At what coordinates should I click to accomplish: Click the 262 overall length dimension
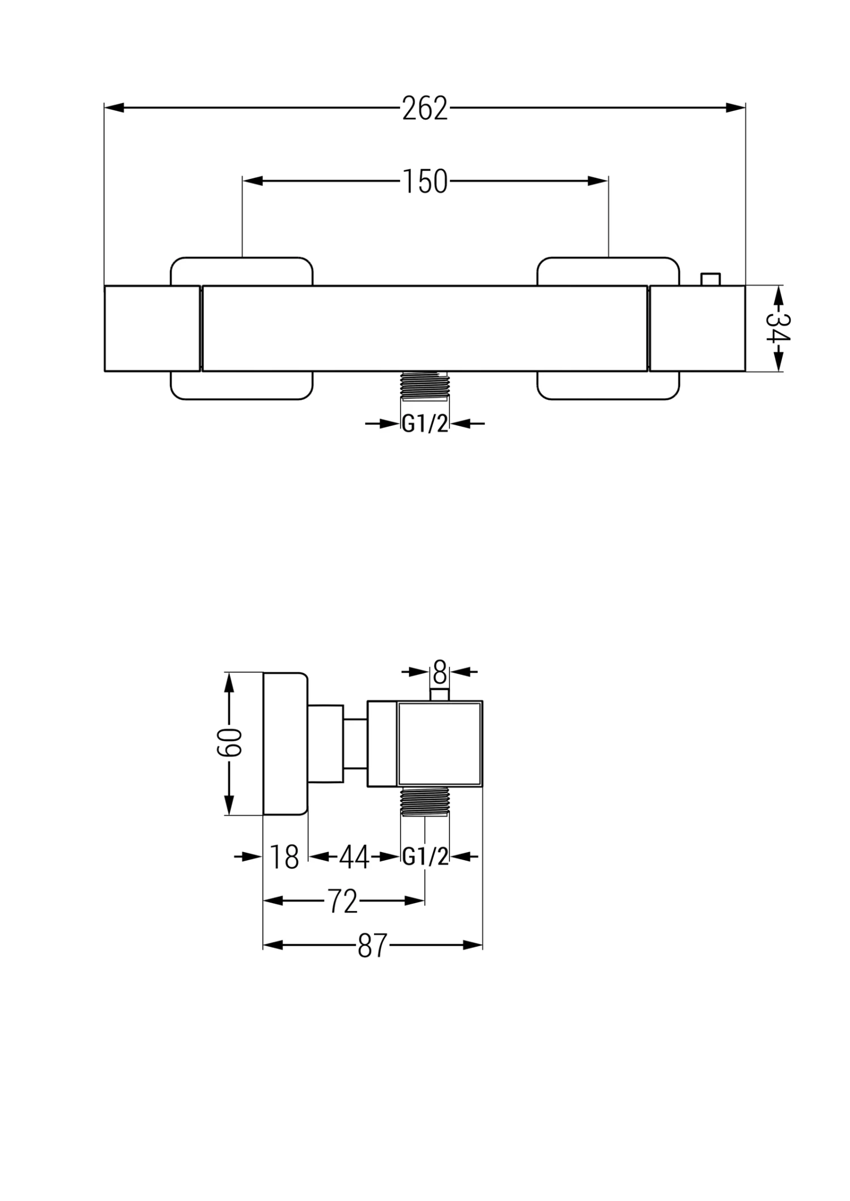[x=424, y=108]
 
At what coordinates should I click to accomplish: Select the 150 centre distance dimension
[x=425, y=182]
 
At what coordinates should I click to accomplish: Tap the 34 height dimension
[x=778, y=328]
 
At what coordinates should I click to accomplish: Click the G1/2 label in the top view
[x=424, y=424]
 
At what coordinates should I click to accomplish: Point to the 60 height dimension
[x=229, y=743]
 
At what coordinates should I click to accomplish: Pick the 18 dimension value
[x=284, y=857]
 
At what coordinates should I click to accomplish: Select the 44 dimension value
[x=354, y=857]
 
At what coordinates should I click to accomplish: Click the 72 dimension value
[x=343, y=901]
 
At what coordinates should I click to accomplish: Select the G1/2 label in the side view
[x=425, y=857]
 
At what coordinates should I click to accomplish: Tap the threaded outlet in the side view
[x=424, y=801]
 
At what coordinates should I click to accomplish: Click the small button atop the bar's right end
[x=711, y=280]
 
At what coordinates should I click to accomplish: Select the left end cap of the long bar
[x=152, y=328]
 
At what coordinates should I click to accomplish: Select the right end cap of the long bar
[x=697, y=328]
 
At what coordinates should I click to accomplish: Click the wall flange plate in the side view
[x=285, y=743]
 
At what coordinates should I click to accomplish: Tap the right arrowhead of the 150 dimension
[x=598, y=181]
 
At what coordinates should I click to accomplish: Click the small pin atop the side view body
[x=440, y=694]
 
